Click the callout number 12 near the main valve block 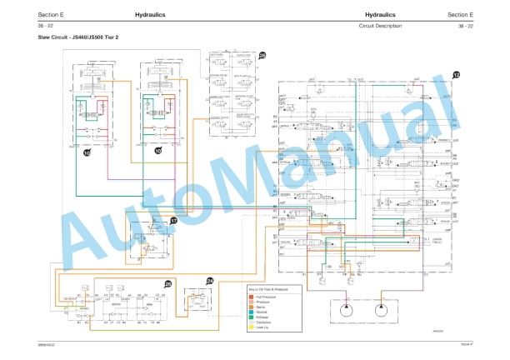tap(455, 75)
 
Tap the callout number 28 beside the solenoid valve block tap(262, 55)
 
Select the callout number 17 tap(173, 221)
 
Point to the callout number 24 tap(210, 282)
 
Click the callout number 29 tap(168, 285)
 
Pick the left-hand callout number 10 tap(87, 152)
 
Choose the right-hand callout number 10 tap(157, 151)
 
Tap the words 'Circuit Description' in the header tap(379, 27)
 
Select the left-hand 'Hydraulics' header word tap(149, 15)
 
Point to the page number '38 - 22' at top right tap(465, 27)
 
